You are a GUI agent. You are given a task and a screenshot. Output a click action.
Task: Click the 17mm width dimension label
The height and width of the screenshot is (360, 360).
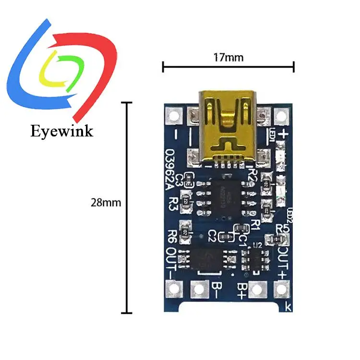[x=228, y=58]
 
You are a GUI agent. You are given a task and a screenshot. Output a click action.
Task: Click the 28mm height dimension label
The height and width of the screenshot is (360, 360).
[x=106, y=203]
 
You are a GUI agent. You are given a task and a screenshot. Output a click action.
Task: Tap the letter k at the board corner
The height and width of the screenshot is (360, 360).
[x=288, y=306]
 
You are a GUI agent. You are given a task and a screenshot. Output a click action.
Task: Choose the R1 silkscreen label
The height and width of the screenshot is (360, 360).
[x=255, y=223]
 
